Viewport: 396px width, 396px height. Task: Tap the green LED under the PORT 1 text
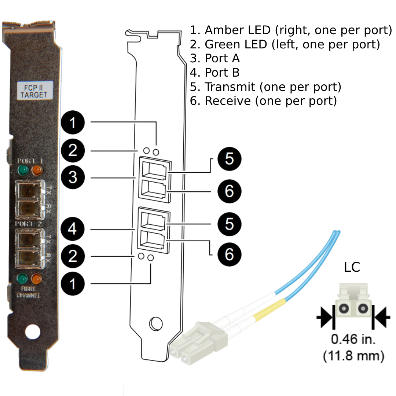pyautogui.click(x=24, y=170)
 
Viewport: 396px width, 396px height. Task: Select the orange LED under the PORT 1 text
pyautogui.click(x=37, y=170)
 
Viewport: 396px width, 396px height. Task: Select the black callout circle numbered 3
pyautogui.click(x=73, y=177)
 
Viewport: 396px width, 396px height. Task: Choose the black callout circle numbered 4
pyautogui.click(x=73, y=229)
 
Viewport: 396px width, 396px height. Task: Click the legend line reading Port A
pyautogui.click(x=215, y=58)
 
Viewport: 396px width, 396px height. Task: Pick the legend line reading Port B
pyautogui.click(x=215, y=73)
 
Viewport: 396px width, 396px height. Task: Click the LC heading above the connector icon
pyautogui.click(x=352, y=267)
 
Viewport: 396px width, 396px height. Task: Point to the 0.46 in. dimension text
pyautogui.click(x=353, y=339)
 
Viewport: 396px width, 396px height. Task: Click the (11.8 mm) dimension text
pyautogui.click(x=353, y=355)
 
